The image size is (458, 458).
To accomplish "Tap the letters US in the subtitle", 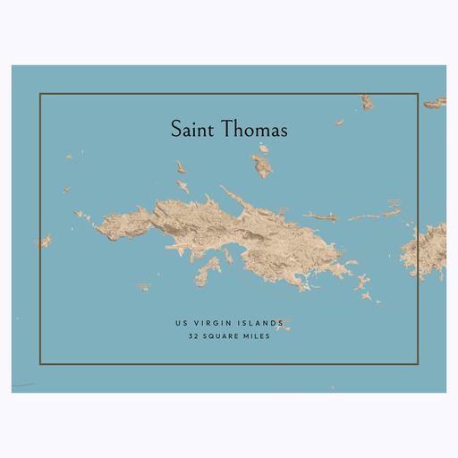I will pos(181,323).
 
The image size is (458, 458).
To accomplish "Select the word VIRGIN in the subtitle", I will pos(211,323).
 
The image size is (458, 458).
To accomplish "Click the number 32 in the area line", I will pos(193,337).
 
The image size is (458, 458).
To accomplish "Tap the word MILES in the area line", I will pos(257,337).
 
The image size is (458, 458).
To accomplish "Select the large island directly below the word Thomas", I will pos(261,165).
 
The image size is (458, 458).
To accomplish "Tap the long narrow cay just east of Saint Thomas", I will pos(319,216).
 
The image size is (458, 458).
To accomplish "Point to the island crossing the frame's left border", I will pos(42,241).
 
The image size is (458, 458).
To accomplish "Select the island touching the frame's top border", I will pos(367,101).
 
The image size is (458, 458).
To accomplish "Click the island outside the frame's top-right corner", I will pos(435,104).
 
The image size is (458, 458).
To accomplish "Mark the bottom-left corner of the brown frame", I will pos(40,364).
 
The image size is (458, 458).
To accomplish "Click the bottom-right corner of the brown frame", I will pos(418,364).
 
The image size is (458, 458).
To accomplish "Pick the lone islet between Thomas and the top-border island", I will pos(339,122).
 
